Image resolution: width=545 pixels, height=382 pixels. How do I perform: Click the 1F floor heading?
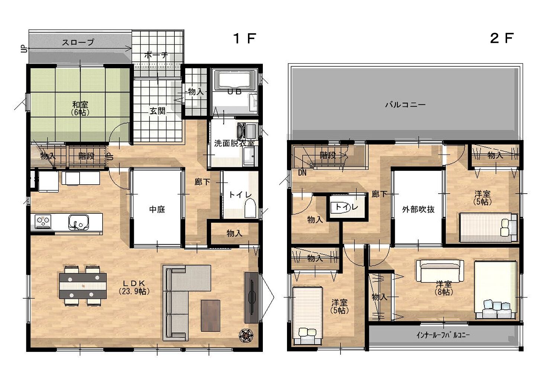(244, 38)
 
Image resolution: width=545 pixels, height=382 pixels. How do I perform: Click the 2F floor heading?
(502, 38)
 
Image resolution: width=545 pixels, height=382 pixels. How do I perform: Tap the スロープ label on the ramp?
(78, 42)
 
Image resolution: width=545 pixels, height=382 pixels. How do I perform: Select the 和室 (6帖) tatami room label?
(80, 108)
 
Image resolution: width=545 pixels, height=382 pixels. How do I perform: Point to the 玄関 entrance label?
(157, 111)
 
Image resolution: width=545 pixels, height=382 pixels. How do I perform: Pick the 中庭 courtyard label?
(157, 209)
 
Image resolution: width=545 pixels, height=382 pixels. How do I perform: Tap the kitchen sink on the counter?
(78, 222)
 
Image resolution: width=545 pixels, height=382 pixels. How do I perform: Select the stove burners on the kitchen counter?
(43, 221)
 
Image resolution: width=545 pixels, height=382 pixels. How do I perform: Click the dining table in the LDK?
(83, 286)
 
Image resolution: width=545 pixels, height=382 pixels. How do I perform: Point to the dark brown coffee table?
(210, 315)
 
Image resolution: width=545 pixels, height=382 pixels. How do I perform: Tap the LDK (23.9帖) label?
(134, 287)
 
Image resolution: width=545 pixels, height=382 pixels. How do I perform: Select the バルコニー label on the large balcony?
(405, 105)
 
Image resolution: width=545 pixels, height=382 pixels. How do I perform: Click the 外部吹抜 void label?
(418, 209)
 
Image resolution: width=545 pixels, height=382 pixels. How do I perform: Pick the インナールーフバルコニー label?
(443, 335)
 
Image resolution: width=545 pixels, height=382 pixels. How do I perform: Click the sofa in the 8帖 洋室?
(440, 271)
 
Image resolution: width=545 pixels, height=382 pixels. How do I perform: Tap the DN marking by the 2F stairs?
(302, 173)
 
